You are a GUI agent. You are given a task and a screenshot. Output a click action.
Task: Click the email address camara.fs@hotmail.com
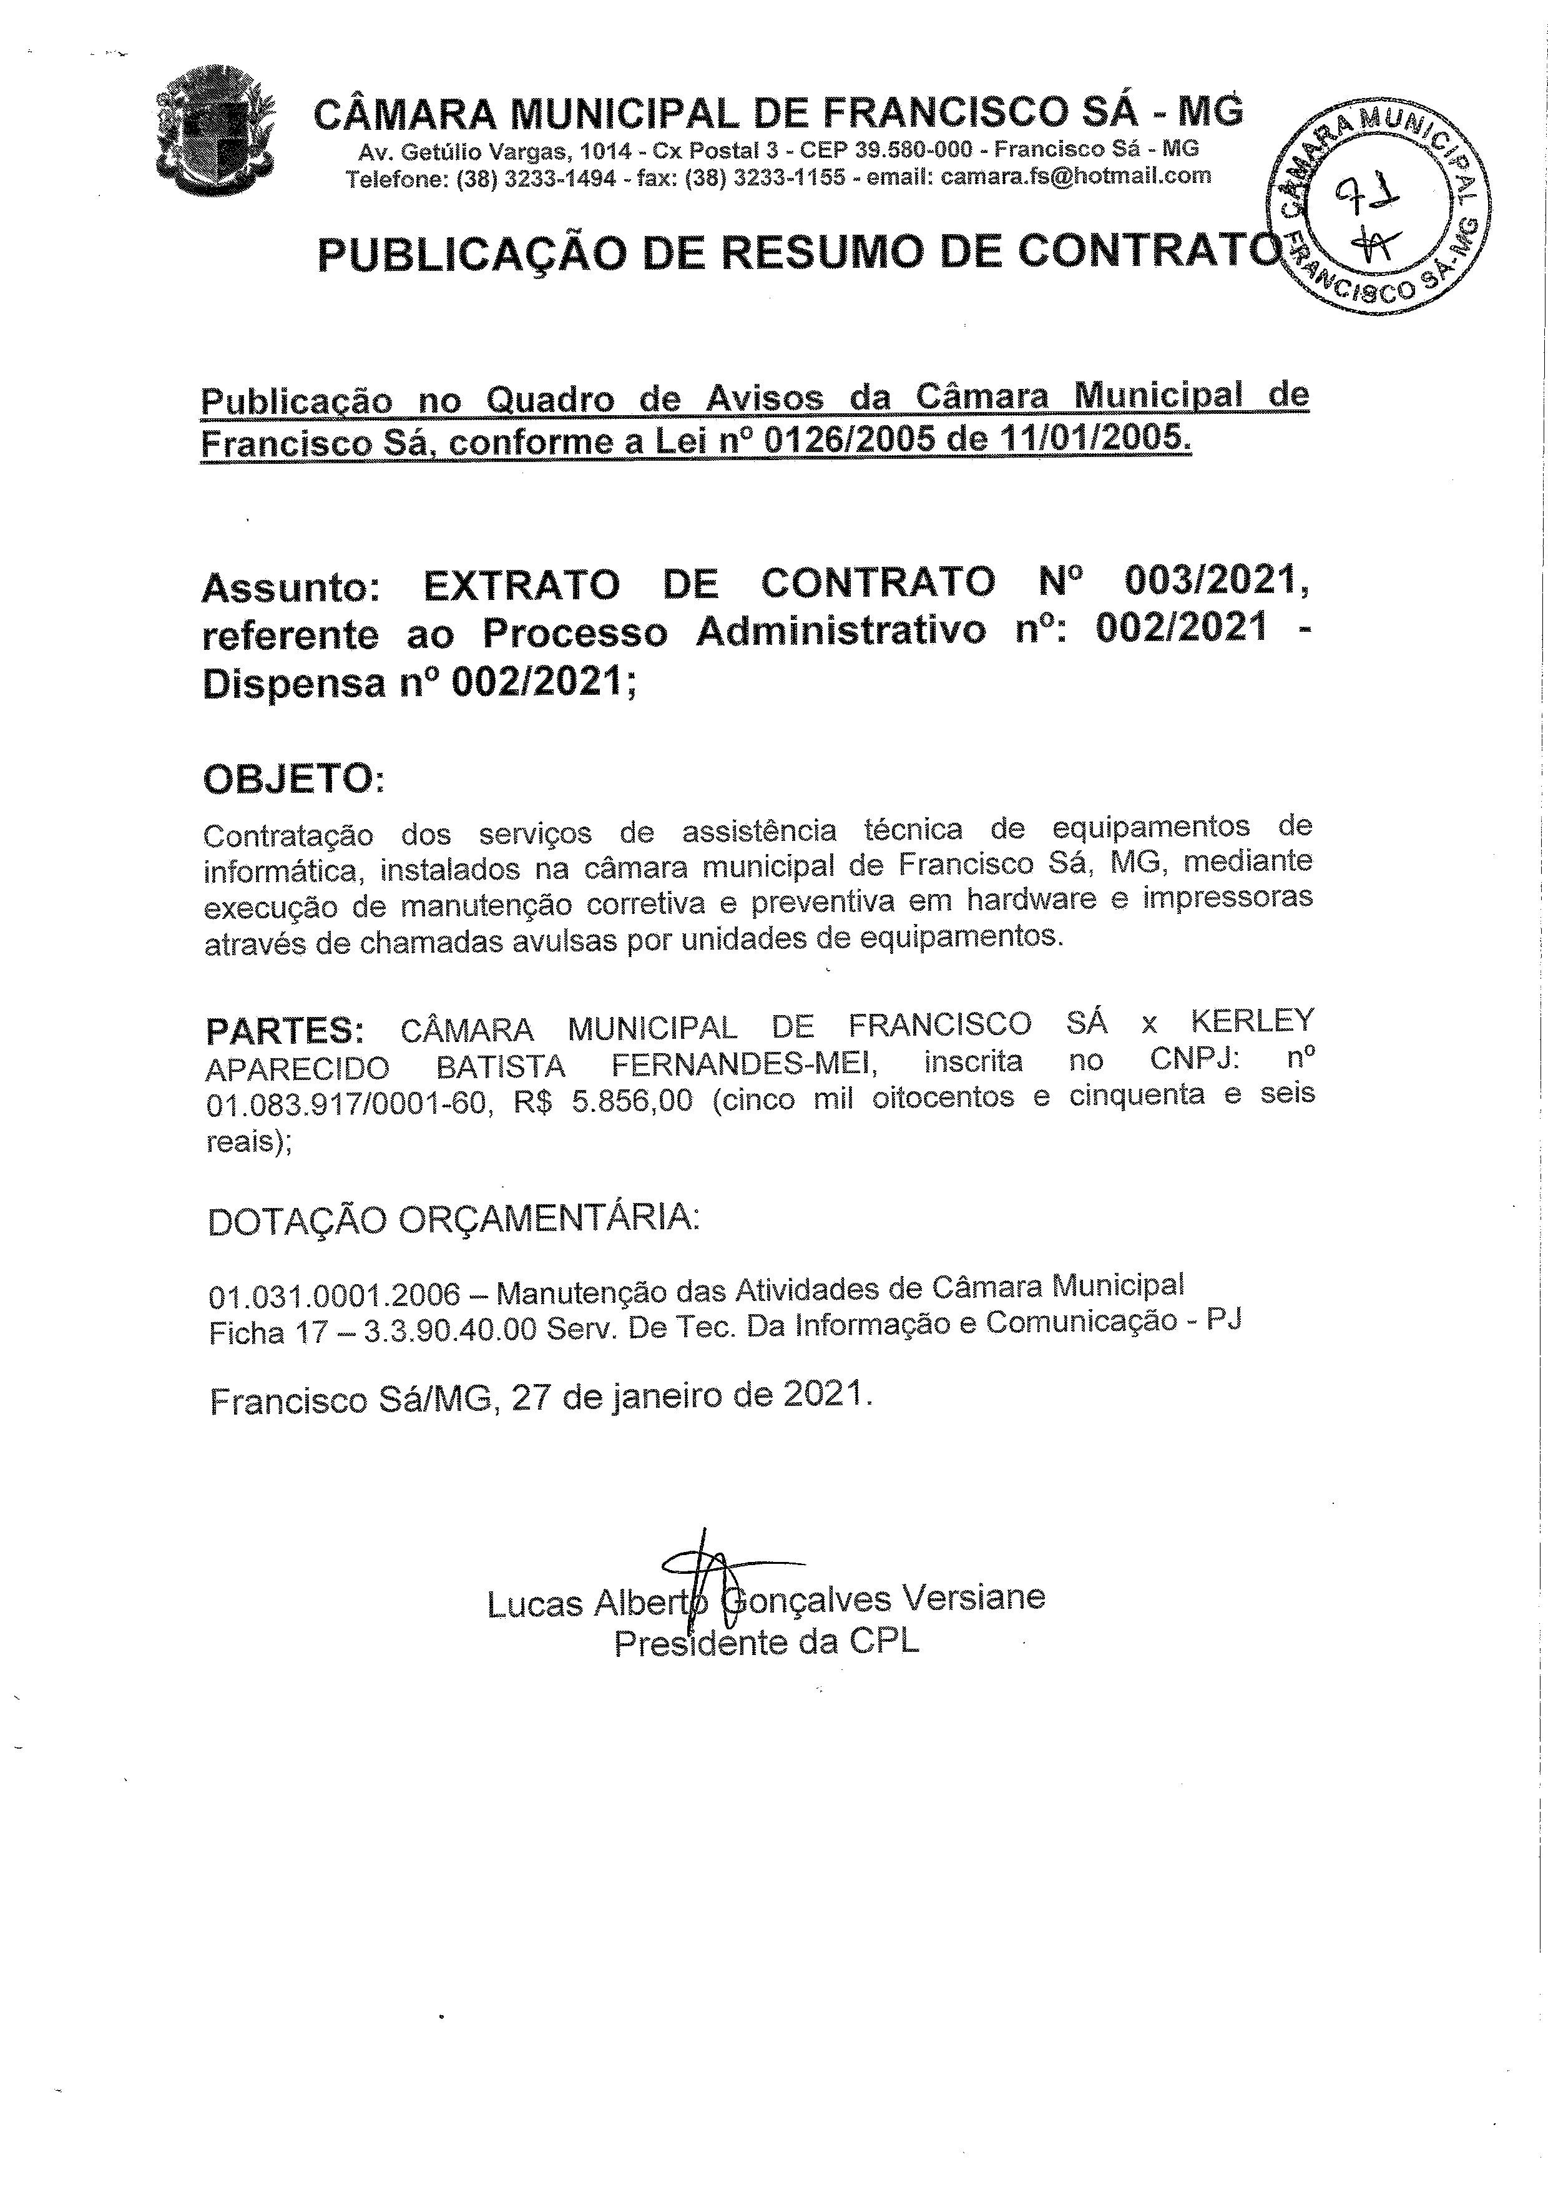pyautogui.click(x=1075, y=175)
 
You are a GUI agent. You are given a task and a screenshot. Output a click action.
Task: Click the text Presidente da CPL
pyautogui.click(x=767, y=1642)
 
